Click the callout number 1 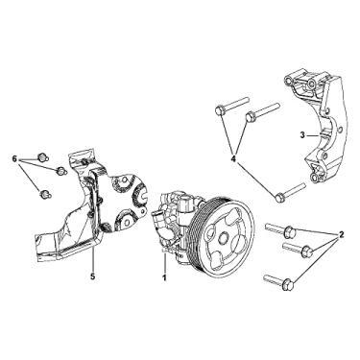165,277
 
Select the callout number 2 341,235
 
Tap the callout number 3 302,135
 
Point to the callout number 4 233,158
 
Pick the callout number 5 93,276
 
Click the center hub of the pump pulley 224,238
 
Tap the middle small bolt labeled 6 60,171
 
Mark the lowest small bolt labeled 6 44,194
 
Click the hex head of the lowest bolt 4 279,197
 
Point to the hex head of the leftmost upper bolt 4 219,110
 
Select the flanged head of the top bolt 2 289,230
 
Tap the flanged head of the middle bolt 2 306,250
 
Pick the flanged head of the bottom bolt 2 287,283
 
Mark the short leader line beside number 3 312,136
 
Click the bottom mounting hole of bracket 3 317,179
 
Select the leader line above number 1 165,261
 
